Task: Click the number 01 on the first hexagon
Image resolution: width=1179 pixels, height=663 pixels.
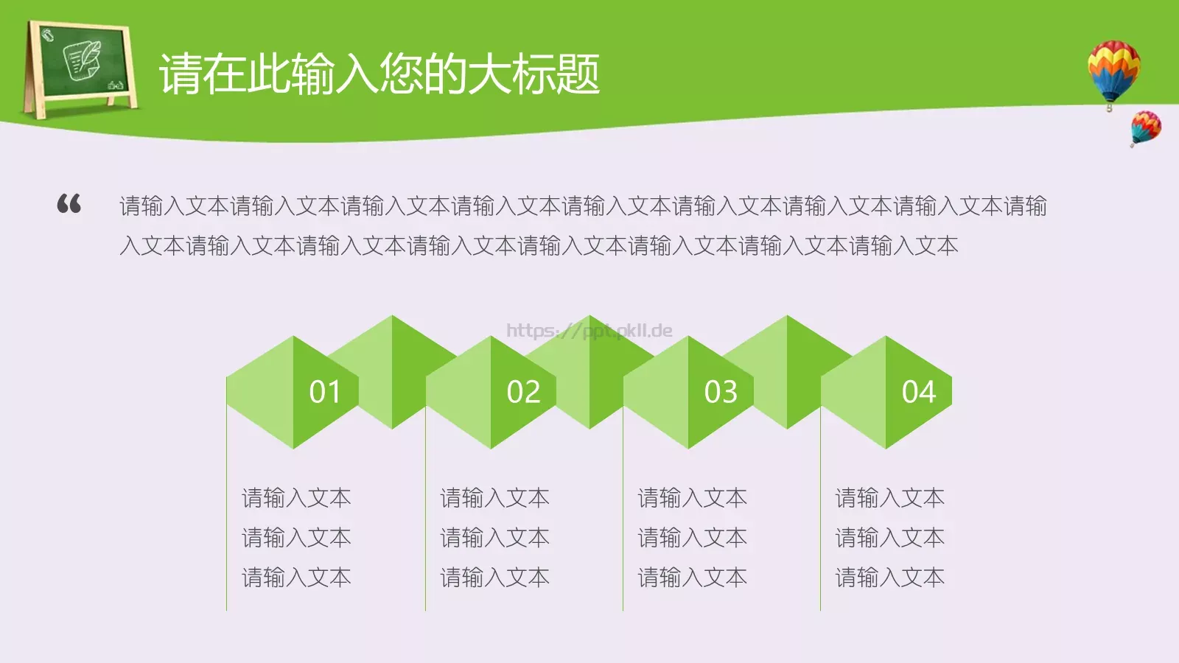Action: [325, 392]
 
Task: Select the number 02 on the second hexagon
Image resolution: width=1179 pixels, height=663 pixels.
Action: [523, 392]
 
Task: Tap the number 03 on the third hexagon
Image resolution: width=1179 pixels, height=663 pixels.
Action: [721, 392]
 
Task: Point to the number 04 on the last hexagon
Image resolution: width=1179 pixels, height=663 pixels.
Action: [918, 392]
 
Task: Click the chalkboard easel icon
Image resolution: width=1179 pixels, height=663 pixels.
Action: [80, 69]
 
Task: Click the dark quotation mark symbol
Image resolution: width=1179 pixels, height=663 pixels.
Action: [69, 203]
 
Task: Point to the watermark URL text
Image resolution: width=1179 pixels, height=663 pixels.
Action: [589, 330]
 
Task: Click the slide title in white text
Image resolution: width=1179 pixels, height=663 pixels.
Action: [379, 74]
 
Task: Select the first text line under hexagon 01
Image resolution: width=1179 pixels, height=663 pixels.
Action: [296, 498]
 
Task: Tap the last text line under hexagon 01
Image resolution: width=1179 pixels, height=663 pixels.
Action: [296, 578]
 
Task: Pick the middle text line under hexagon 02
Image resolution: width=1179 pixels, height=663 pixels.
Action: [494, 538]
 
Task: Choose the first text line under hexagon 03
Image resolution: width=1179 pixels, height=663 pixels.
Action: [692, 498]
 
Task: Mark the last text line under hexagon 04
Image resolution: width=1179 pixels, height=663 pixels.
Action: [889, 578]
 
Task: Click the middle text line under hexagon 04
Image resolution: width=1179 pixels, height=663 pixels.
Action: [889, 538]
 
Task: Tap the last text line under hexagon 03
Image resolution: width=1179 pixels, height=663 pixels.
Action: [692, 578]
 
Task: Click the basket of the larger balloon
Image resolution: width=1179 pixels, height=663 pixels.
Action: [1109, 108]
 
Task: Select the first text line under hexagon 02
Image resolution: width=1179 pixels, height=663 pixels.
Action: [494, 498]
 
